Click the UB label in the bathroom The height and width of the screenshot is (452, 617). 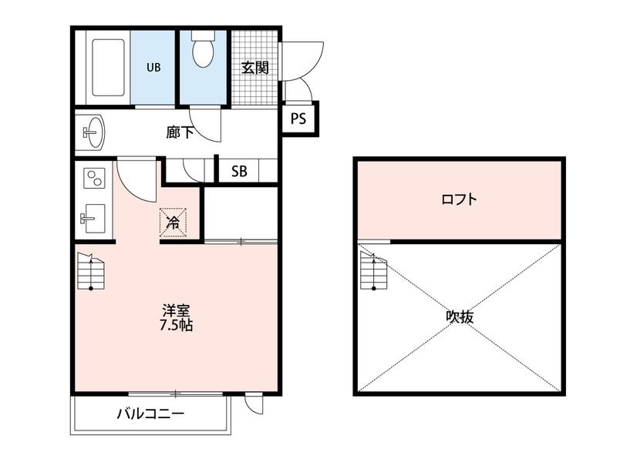click(154, 67)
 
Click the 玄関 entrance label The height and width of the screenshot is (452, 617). click(255, 67)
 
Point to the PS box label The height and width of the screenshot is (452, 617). click(298, 119)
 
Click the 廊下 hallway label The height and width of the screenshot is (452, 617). click(179, 132)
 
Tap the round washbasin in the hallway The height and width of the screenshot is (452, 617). click(93, 133)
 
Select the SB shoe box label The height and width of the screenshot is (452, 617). click(239, 171)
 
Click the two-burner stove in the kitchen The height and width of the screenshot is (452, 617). click(93, 179)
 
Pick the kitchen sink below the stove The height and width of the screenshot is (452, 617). click(93, 218)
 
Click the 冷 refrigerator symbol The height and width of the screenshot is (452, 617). click(174, 223)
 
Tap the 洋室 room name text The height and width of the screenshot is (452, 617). click(176, 310)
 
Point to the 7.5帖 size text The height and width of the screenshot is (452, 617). click(176, 325)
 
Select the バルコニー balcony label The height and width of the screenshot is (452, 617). click(150, 414)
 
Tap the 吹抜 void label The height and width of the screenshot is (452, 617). click(459, 316)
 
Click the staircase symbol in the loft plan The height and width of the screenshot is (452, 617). click(372, 270)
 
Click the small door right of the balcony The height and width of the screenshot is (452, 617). click(252, 401)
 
